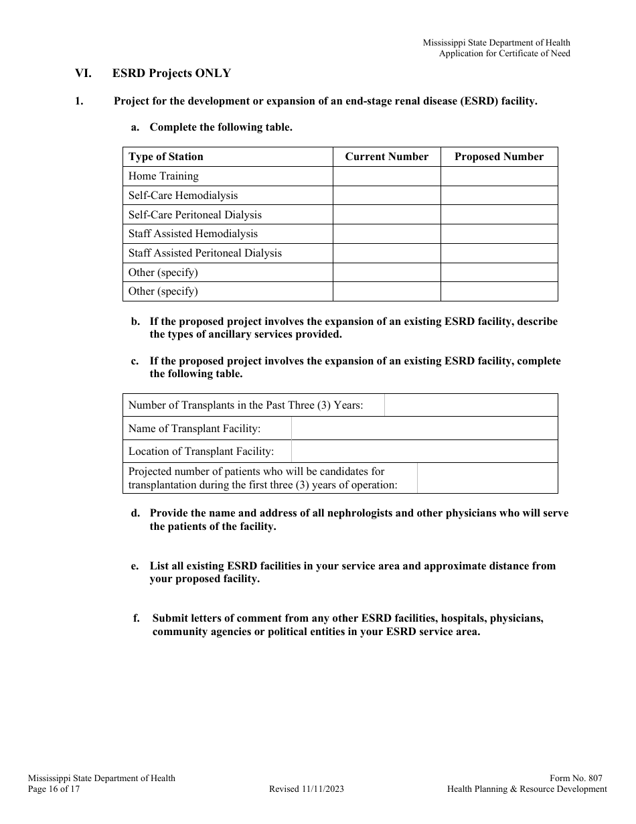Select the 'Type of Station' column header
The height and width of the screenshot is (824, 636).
point(165,157)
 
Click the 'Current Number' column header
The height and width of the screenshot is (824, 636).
point(386,157)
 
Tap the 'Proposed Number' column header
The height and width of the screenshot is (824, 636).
point(499,157)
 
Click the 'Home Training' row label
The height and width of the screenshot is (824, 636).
point(163,176)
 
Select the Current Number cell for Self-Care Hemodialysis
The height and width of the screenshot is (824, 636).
point(386,196)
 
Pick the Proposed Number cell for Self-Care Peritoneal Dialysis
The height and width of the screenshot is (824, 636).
point(499,215)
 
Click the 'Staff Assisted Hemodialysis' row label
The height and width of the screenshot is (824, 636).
point(193,234)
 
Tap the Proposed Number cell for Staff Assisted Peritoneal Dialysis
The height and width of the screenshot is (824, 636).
point(499,253)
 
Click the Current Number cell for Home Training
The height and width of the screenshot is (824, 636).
point(386,176)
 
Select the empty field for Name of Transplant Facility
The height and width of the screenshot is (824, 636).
point(424,429)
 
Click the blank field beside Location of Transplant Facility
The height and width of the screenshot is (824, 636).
point(424,452)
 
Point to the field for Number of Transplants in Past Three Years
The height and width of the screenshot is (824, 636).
point(471,405)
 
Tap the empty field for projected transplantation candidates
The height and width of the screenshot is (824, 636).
point(487,478)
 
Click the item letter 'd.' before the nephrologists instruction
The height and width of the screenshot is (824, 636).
point(135,513)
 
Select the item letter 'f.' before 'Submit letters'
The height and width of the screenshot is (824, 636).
point(137,618)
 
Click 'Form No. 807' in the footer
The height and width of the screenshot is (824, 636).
point(576,778)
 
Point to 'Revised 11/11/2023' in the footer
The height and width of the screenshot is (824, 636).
point(307,789)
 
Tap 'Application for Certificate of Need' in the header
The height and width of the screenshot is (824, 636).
point(504,54)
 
